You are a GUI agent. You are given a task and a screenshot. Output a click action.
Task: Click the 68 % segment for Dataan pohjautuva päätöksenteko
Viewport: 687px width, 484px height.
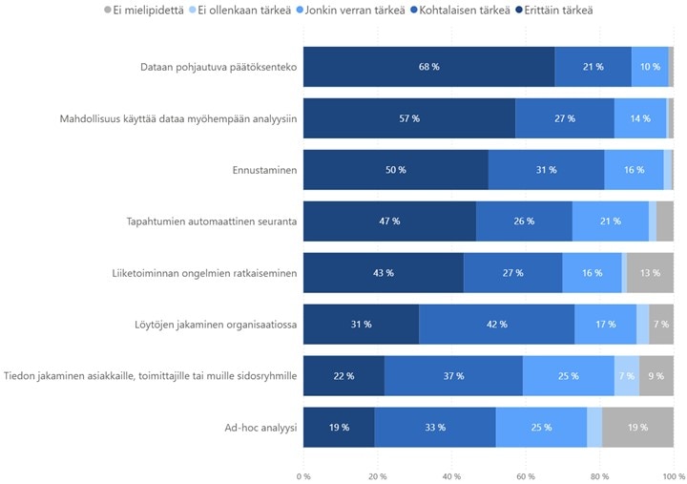[428, 67]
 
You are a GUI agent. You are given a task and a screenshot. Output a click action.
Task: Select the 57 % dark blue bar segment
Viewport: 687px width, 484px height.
[409, 118]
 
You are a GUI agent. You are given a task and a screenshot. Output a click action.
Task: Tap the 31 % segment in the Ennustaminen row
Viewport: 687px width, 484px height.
[546, 170]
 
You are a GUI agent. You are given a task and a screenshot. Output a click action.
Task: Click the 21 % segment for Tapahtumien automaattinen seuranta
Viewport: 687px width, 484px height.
[610, 221]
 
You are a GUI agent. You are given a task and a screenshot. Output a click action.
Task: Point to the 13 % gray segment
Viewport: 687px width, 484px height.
[650, 273]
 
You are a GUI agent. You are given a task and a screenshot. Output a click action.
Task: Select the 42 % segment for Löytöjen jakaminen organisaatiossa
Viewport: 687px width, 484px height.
[496, 325]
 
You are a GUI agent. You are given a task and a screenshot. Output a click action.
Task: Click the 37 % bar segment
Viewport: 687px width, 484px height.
[453, 376]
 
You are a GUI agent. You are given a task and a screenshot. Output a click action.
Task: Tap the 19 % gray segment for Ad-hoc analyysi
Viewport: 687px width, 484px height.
[637, 428]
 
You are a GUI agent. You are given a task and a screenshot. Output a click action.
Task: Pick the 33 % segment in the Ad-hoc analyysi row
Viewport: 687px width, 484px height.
[434, 428]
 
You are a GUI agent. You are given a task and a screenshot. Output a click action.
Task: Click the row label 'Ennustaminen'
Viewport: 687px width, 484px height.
[264, 170]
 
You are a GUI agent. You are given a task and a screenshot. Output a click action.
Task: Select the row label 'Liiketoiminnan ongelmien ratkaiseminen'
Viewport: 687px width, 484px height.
[204, 273]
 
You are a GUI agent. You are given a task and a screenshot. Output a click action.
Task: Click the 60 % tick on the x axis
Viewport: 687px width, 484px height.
[526, 474]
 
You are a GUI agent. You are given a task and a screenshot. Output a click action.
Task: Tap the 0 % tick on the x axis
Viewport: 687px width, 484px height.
[303, 474]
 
